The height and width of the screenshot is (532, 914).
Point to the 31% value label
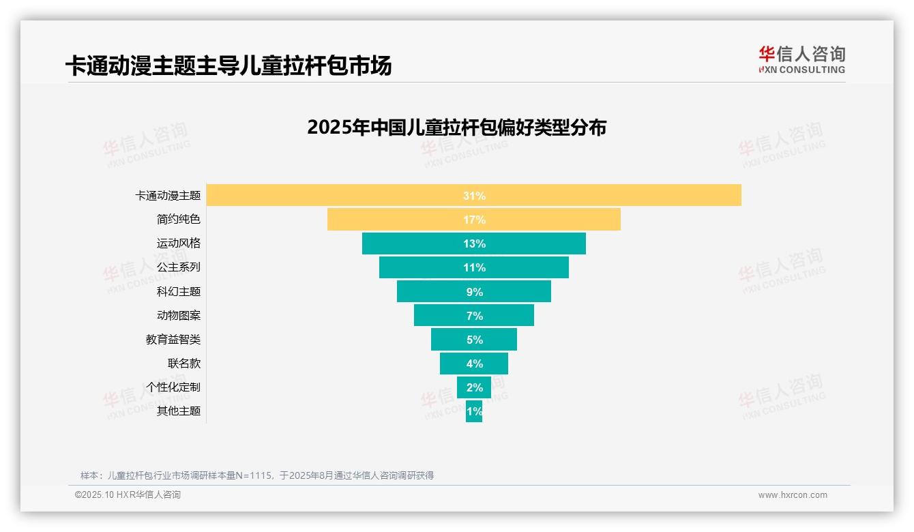pyautogui.click(x=474, y=196)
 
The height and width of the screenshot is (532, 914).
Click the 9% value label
pyautogui.click(x=474, y=292)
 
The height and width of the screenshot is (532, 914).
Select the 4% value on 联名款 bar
pyautogui.click(x=474, y=364)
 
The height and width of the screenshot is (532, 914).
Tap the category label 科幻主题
pyautogui.click(x=179, y=291)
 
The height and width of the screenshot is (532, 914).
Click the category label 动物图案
pyautogui.click(x=179, y=315)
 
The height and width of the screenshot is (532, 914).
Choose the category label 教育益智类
pyautogui.click(x=173, y=339)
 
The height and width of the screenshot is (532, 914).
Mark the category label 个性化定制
pyautogui.click(x=173, y=387)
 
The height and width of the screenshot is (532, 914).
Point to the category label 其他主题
pyautogui.click(x=179, y=411)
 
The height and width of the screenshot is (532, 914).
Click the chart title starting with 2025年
pyautogui.click(x=456, y=128)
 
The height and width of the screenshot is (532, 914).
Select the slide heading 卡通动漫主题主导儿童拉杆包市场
pyautogui.click(x=228, y=66)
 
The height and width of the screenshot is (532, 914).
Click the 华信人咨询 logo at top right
pyautogui.click(x=801, y=60)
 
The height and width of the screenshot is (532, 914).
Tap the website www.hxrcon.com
pyautogui.click(x=793, y=495)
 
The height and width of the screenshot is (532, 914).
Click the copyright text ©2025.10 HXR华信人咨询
pyautogui.click(x=128, y=495)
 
